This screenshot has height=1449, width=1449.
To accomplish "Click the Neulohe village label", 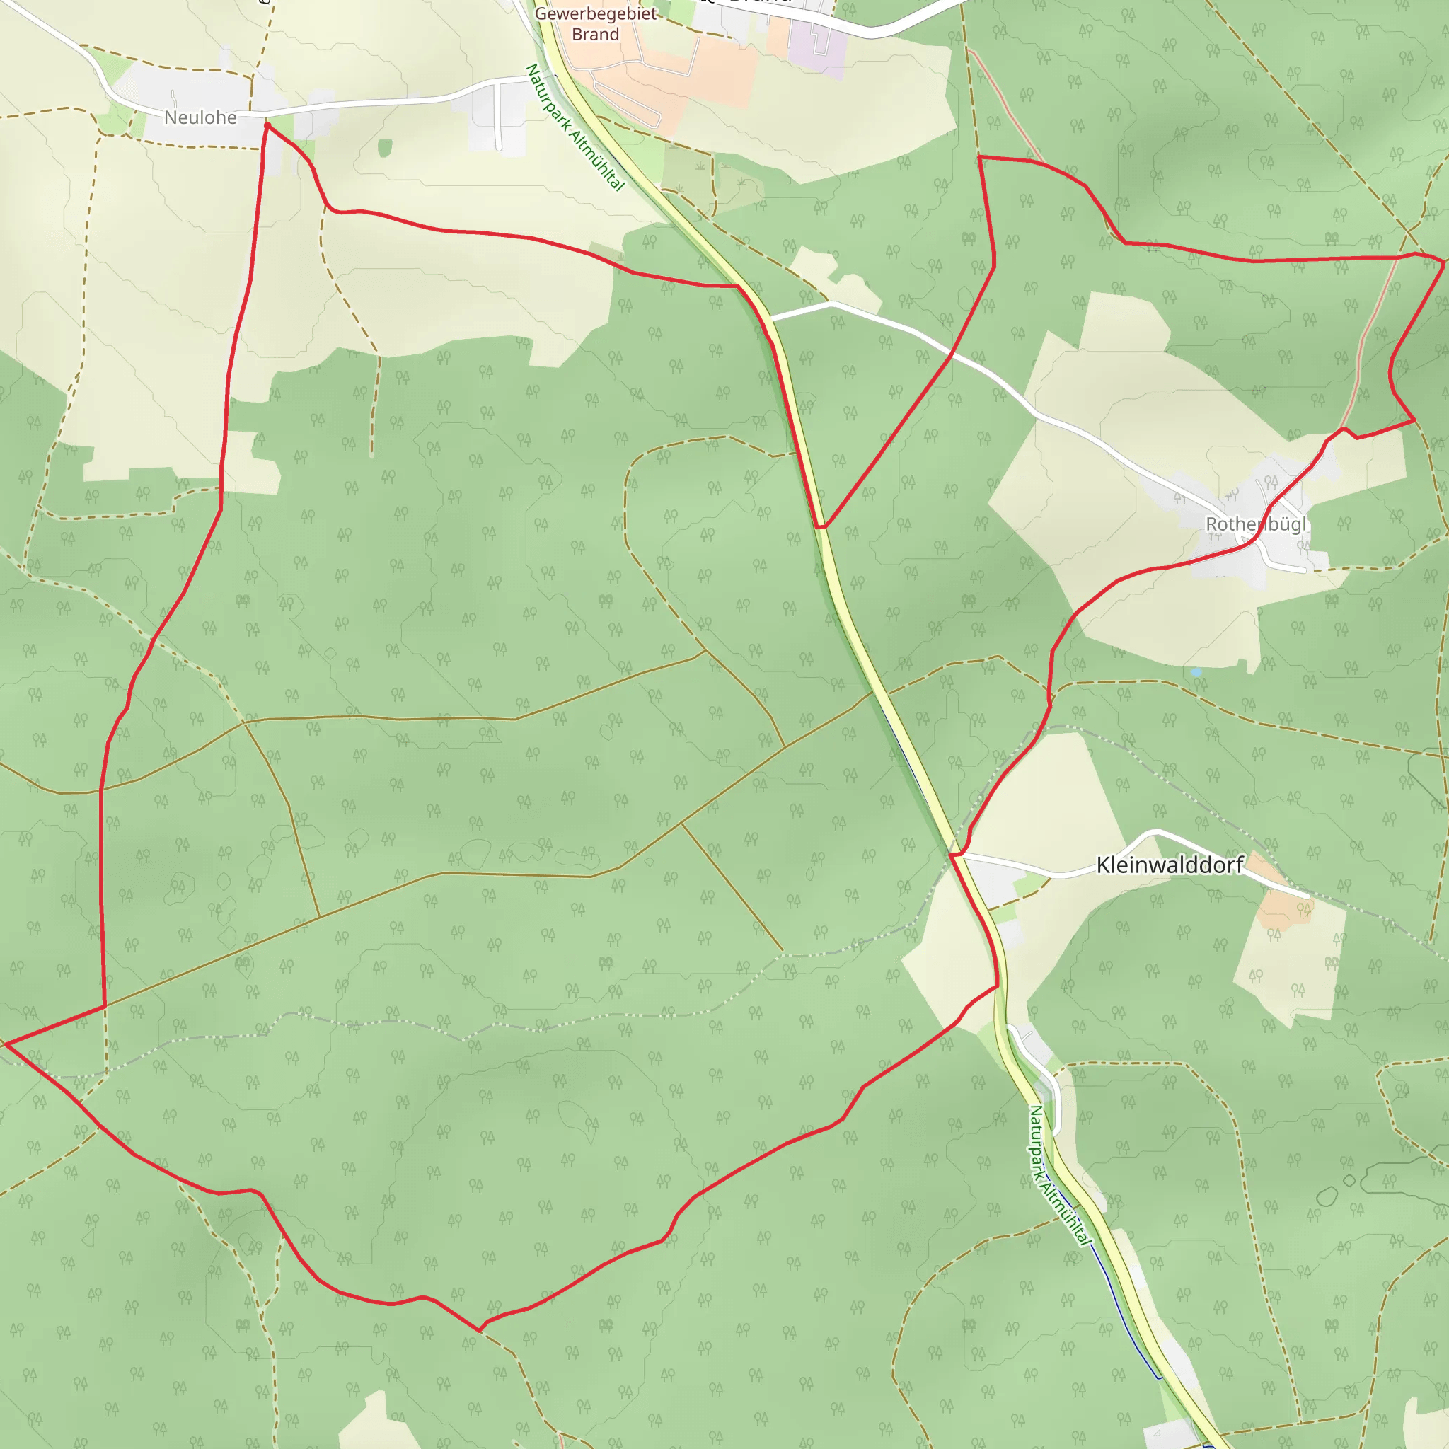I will [x=200, y=117].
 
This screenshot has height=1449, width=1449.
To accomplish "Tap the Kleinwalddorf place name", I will [x=1170, y=865].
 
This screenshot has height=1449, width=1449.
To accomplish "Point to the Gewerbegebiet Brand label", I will [x=596, y=24].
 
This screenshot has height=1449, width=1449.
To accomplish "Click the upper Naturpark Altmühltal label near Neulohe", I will [x=575, y=127].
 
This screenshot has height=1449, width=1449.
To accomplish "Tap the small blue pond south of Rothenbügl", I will [x=1196, y=672].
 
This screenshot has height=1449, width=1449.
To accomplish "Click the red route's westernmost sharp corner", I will [x=6, y=1044].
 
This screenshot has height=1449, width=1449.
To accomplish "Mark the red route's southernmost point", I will [x=479, y=1331].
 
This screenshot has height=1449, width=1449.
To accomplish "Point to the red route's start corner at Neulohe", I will [x=266, y=125].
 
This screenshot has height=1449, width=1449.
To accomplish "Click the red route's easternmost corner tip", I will [x=1444, y=262].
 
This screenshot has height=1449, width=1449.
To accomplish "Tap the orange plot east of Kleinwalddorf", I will [x=1284, y=900].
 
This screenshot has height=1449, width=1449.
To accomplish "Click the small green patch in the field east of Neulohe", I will [x=385, y=148].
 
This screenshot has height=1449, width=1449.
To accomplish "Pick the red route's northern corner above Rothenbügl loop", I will [x=979, y=157].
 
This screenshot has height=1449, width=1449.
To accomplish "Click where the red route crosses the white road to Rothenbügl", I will [x=952, y=354].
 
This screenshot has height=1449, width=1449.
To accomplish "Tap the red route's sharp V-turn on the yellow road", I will [x=821, y=527].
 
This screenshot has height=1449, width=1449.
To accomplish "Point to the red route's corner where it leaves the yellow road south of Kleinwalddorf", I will [x=998, y=986].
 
